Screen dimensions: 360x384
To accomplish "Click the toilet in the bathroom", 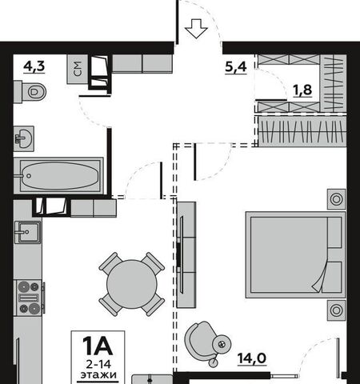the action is [30, 92].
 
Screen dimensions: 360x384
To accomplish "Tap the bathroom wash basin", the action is [24, 138].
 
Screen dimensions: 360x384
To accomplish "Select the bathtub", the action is [58, 176].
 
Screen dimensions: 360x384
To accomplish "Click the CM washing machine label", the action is [78, 69].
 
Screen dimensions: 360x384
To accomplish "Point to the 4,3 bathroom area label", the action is [34, 66].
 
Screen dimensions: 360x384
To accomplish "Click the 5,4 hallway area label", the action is [236, 66].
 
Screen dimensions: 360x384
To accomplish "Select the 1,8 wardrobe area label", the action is [302, 90].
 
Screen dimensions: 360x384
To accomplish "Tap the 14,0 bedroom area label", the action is [252, 358].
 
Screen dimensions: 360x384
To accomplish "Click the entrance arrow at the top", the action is [196, 29].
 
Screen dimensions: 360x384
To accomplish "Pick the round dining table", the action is [132, 284].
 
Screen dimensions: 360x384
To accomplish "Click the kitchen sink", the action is [28, 232].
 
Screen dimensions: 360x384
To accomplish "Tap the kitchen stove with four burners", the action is [29, 298].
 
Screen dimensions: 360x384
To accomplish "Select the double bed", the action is [295, 254].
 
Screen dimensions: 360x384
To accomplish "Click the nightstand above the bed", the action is [336, 199].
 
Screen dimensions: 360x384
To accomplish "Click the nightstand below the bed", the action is [336, 310].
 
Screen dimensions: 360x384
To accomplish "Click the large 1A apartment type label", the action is [98, 346].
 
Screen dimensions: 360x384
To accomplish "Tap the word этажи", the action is [98, 374].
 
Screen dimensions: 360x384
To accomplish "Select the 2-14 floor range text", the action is [98, 364].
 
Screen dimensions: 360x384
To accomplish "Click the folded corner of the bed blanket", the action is [320, 280].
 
